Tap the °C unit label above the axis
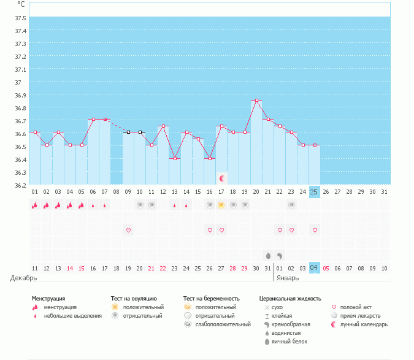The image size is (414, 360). point(21,4)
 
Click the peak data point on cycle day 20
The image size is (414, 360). point(256,100)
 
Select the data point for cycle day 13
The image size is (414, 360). point(175,158)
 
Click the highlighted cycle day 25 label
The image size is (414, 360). point(314,192)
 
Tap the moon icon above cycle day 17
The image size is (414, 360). point(222,178)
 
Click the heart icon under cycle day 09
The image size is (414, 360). point(128,230)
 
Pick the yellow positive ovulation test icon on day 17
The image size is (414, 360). point(221,205)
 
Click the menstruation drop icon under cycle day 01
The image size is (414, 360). point(34,205)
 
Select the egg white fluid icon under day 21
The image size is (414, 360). point(268,255)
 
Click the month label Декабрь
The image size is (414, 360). point(23,278)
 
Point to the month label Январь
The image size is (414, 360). point(288,278)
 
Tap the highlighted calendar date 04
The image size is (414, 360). point(314,268)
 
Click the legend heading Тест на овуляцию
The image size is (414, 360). point(134,298)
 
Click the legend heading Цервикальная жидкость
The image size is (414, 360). point(289,298)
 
